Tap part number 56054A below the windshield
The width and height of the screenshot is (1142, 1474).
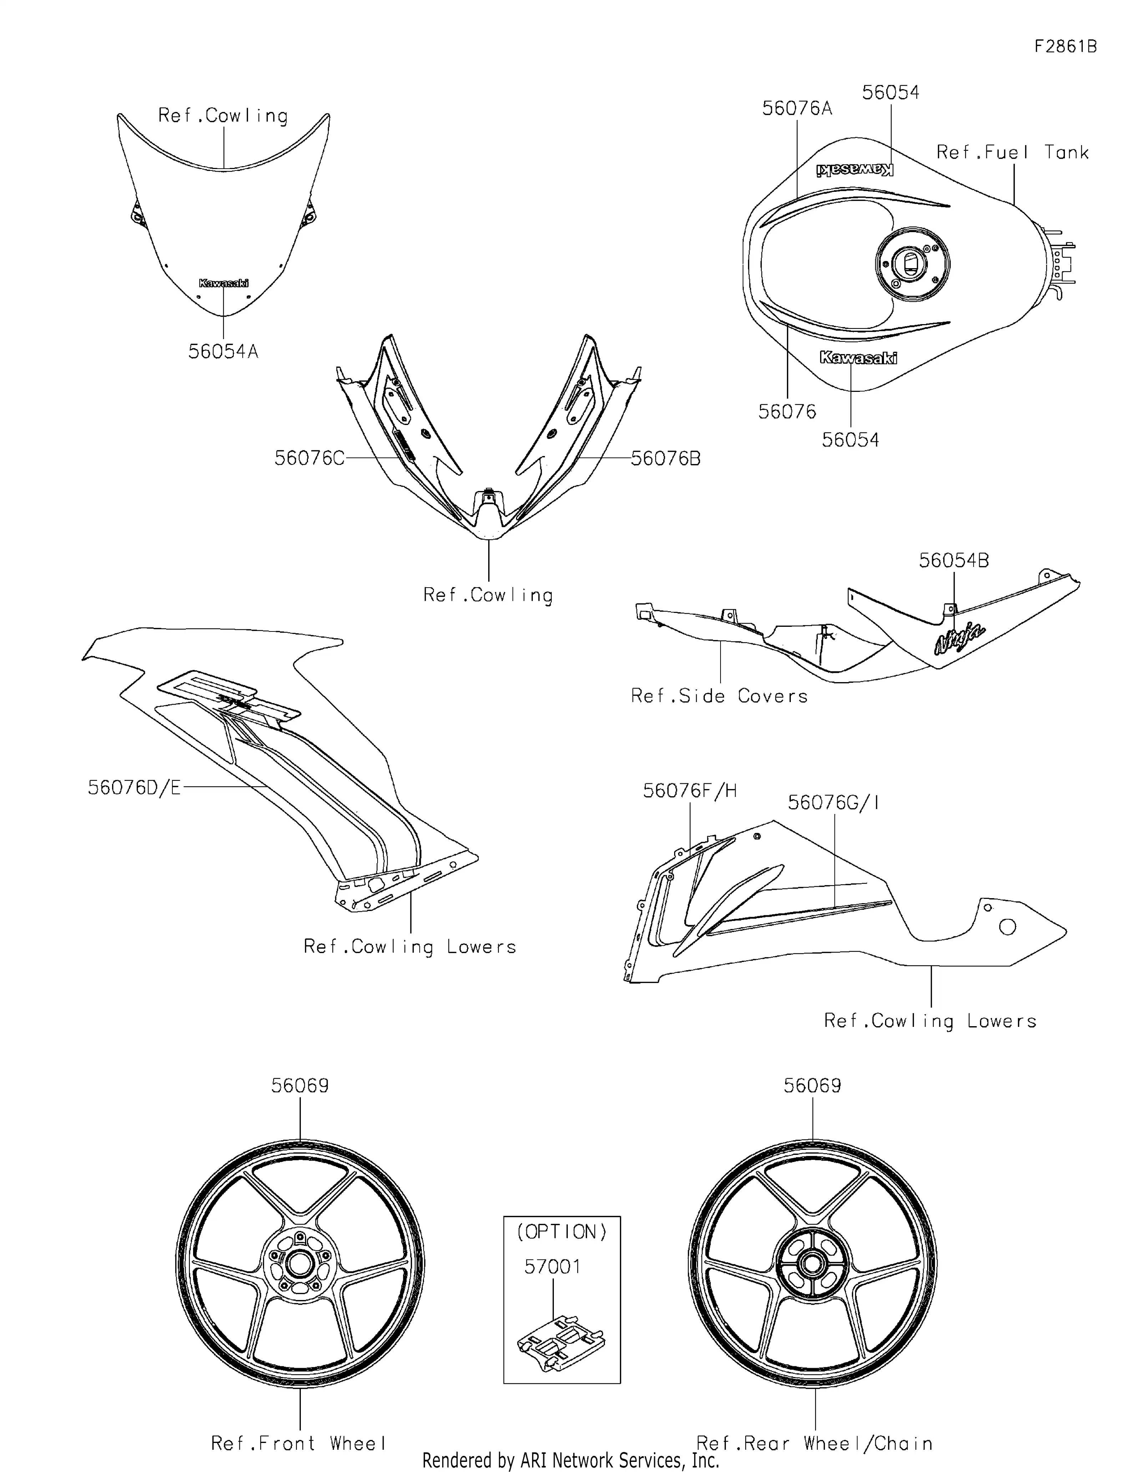[223, 352]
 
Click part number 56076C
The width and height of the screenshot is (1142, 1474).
[309, 458]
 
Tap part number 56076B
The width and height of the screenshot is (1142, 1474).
[666, 458]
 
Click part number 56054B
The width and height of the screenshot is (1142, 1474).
[954, 561]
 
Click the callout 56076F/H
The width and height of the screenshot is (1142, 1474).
[689, 790]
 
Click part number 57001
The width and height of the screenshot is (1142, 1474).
[552, 1267]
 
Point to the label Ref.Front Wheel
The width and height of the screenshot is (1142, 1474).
[299, 1444]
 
